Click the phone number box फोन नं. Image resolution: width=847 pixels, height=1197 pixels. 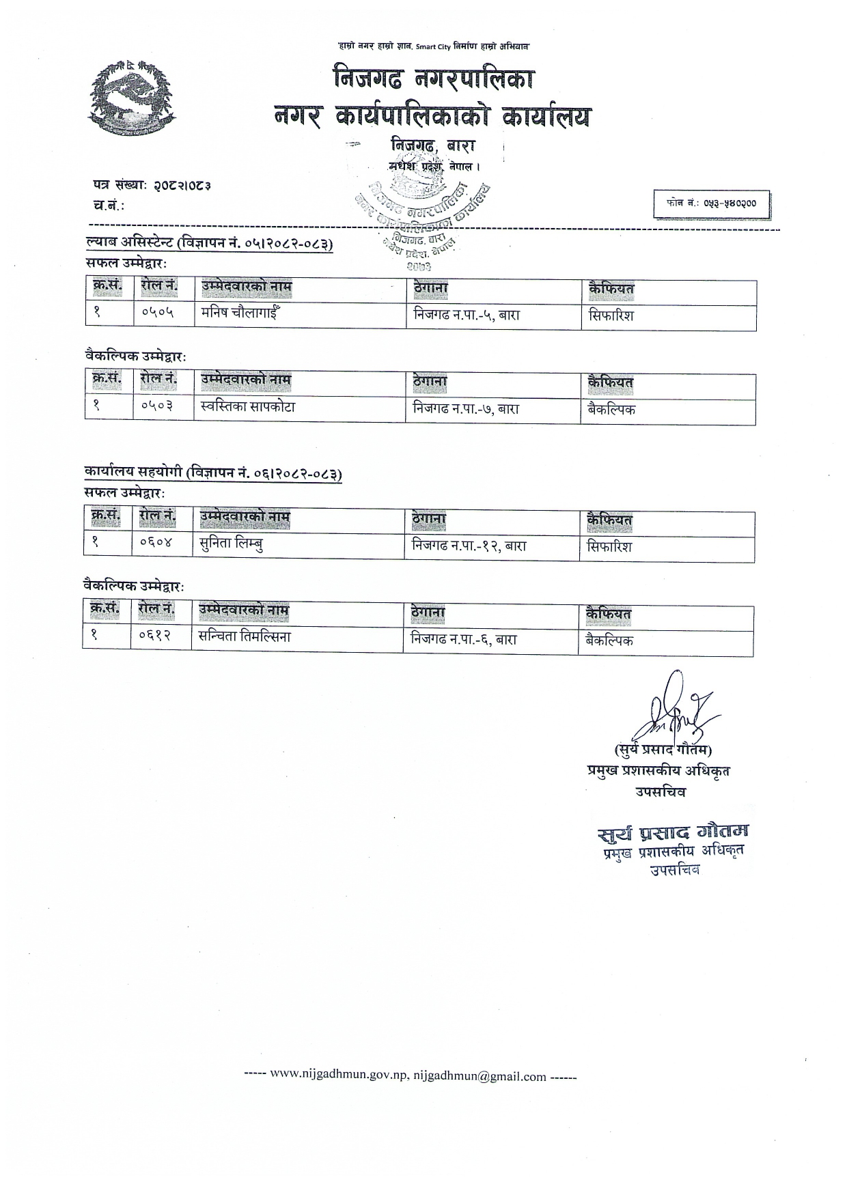[712, 203]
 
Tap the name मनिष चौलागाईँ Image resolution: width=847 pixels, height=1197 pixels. [241, 314]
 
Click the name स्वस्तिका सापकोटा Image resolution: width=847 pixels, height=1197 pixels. [248, 407]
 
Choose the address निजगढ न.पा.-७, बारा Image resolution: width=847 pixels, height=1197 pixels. [466, 409]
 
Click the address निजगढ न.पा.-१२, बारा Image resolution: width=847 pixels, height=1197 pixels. [469, 546]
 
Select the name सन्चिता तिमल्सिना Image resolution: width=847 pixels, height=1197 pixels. [245, 637]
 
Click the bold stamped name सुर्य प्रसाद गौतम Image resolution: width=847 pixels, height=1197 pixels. [672, 832]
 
